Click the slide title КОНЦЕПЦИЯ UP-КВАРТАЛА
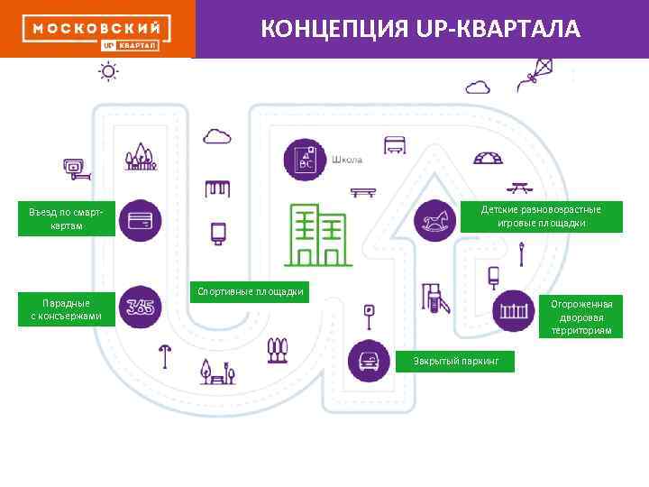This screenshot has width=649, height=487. [x=421, y=29]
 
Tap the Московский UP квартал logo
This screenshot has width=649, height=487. [x=97, y=32]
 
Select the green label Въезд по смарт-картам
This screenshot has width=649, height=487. [x=67, y=218]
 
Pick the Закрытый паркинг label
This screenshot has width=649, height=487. [x=456, y=361]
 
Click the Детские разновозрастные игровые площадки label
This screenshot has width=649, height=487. [x=541, y=216]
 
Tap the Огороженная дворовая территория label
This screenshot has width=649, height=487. [x=581, y=317]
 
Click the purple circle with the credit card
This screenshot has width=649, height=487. [x=140, y=220]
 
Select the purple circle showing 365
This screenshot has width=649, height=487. [x=140, y=308]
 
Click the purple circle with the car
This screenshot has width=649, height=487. [x=368, y=361]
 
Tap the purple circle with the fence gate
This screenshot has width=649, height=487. [x=514, y=311]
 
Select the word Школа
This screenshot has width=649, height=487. [x=347, y=160]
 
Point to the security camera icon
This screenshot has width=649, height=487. [x=74, y=167]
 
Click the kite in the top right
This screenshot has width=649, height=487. [x=535, y=72]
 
